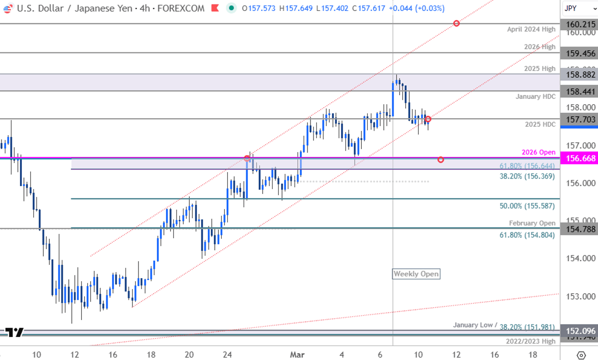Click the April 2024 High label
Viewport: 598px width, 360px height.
pos(531,29)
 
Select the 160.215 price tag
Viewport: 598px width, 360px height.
pos(579,24)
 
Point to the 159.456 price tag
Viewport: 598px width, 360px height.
pos(579,53)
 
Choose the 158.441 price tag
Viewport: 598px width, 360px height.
pos(579,91)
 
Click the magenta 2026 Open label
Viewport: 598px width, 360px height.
pos(539,152)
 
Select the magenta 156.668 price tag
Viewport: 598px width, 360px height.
pos(579,158)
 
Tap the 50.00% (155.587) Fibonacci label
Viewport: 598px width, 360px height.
pos(527,205)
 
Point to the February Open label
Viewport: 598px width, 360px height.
pos(532,223)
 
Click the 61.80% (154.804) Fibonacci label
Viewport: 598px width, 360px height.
pos(527,234)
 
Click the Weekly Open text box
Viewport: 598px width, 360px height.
pos(416,273)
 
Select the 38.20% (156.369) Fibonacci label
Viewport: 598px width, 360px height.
pos(527,176)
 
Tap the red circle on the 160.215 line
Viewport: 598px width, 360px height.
pos(456,23)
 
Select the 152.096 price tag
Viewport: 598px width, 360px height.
pos(579,331)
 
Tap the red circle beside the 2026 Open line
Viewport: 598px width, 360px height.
pos(441,160)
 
